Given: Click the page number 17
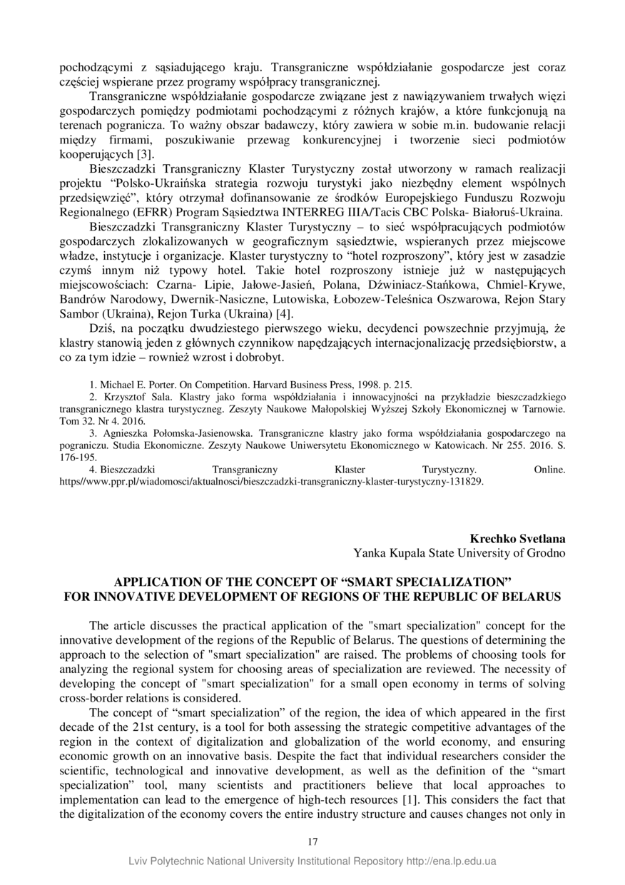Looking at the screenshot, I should click(312, 842).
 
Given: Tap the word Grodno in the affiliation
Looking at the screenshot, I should click(547, 552).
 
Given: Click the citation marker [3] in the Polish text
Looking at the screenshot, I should click(146, 153).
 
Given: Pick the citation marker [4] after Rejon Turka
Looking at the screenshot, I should click(283, 315).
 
